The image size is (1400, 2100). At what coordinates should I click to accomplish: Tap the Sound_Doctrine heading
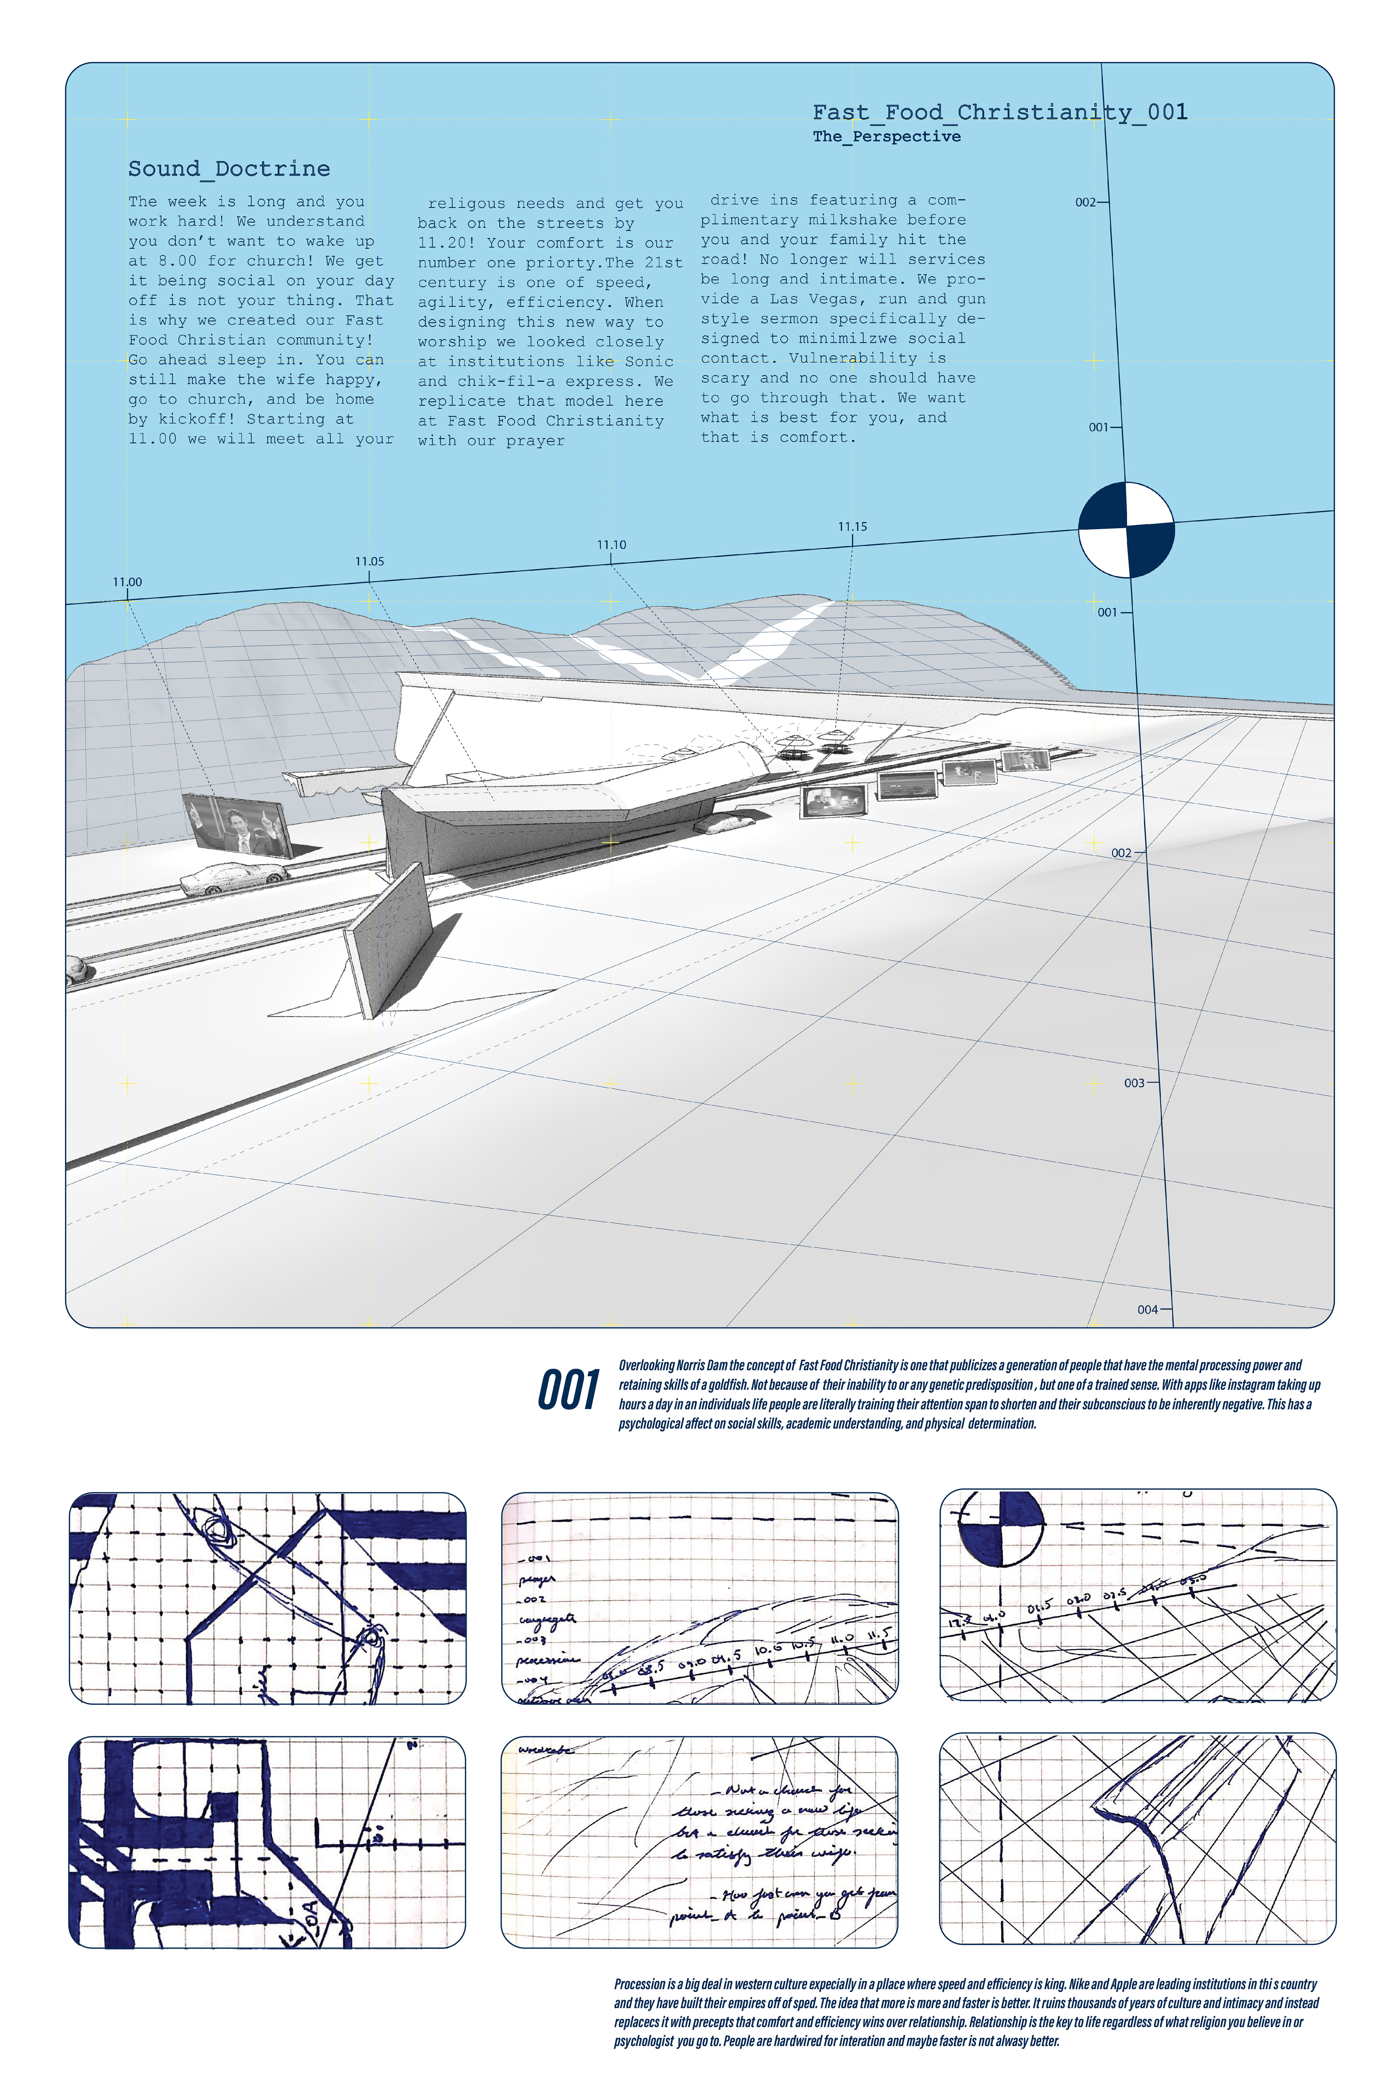(x=229, y=169)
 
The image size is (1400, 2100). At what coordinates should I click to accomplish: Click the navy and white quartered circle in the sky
(x=1126, y=529)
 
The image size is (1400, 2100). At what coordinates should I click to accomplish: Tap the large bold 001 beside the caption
(x=568, y=1391)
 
